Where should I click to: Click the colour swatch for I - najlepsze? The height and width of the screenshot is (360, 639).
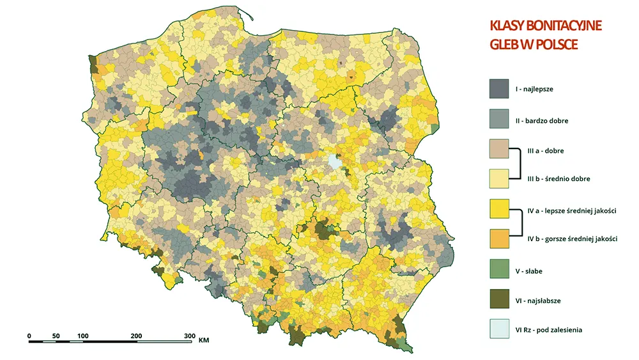(x=498, y=89)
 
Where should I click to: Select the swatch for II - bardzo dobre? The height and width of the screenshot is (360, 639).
(x=498, y=120)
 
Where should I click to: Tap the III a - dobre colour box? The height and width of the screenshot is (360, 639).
(x=498, y=150)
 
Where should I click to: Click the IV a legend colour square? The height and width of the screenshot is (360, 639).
(x=498, y=209)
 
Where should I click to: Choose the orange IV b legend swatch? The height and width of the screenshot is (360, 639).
(x=498, y=239)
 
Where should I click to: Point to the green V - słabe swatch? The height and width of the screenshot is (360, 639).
(x=498, y=270)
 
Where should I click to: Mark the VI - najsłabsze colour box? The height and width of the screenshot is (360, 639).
(x=498, y=299)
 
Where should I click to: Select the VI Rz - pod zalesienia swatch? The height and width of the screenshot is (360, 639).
(x=498, y=329)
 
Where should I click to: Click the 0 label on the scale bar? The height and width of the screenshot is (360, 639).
(x=29, y=336)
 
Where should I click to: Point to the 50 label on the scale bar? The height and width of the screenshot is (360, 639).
(x=56, y=336)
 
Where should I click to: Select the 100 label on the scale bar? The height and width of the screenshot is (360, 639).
(x=83, y=336)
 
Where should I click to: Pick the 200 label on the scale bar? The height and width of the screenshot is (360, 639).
(x=136, y=336)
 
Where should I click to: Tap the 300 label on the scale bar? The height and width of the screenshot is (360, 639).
(x=189, y=336)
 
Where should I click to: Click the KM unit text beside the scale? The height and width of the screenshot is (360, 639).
(x=204, y=341)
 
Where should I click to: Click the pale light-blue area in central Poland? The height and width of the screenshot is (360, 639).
(x=334, y=162)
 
